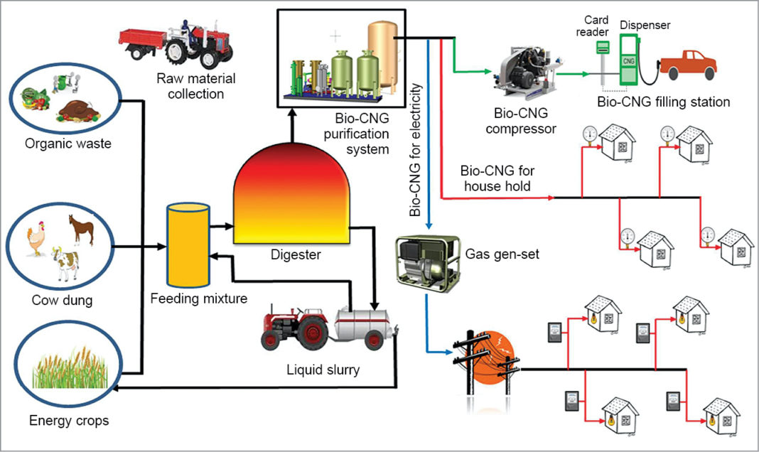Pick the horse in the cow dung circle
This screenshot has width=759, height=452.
80,229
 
